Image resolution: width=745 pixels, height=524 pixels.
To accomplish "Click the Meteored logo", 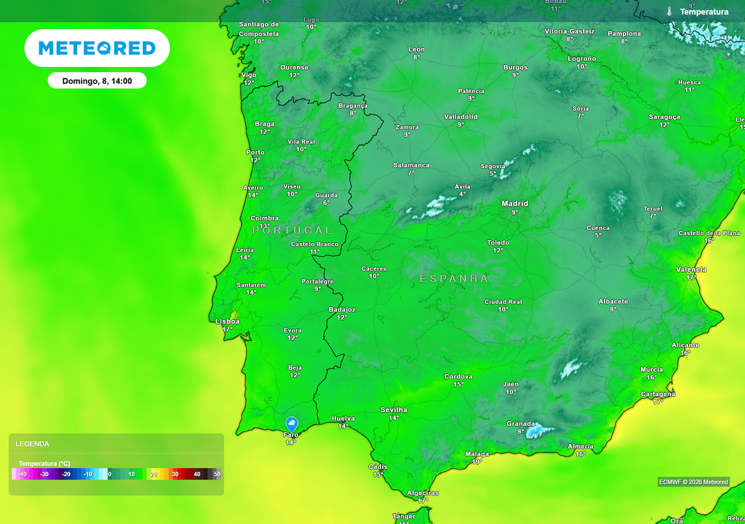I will [97, 48].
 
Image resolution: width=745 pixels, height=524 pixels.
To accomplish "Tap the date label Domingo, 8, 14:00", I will [97, 81].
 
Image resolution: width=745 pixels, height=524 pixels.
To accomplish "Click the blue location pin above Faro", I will [292, 424].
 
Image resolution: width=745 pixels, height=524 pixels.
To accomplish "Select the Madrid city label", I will [514, 204].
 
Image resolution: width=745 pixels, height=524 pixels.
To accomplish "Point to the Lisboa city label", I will [227, 321].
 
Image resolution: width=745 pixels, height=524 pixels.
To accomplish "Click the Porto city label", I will [255, 153].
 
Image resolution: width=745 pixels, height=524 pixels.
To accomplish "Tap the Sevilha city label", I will [394, 410].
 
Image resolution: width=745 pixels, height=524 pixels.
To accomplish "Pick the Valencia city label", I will [690, 269].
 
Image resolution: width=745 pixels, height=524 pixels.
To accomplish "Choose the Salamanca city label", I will [411, 165].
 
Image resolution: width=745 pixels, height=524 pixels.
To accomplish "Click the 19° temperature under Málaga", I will [477, 461].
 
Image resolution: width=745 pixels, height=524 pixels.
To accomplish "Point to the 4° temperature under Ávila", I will [463, 194].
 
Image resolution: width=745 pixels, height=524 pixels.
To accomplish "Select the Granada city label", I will [521, 424].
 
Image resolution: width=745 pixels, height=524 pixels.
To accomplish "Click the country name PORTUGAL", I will [292, 230].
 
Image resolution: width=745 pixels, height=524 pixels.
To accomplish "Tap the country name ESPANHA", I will [454, 279].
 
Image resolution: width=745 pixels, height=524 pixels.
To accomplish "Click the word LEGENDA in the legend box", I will [33, 444].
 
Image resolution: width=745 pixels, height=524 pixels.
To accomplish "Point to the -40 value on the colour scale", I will [23, 475].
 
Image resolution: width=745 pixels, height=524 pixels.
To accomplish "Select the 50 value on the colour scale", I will [217, 475].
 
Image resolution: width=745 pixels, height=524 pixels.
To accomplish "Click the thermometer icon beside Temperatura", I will [669, 12].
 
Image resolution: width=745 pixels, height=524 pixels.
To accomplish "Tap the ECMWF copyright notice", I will [693, 482].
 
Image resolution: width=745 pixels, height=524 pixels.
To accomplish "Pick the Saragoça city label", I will [664, 116].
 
